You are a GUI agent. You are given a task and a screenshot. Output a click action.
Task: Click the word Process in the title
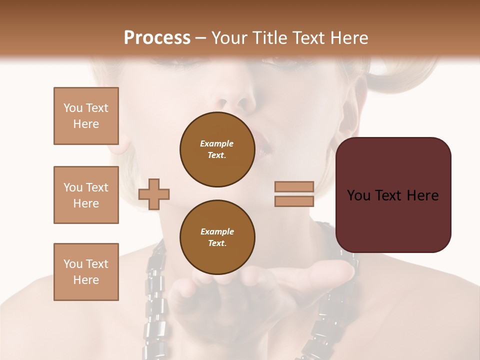pos(157,38)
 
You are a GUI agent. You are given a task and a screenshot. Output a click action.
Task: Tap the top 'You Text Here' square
pos(86,116)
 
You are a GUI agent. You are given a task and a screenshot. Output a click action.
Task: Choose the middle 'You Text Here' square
pos(86,195)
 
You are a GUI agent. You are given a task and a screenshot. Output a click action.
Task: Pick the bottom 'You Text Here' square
pos(86,272)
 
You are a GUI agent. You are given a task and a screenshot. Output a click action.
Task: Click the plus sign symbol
pos(154,194)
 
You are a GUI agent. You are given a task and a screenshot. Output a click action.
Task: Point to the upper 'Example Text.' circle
pos(217,149)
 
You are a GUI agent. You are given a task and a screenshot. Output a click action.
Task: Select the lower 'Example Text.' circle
pos(217,237)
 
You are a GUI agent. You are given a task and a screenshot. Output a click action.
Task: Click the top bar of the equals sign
pos(294,187)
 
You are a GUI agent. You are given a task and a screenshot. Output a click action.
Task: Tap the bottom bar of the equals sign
pos(294,201)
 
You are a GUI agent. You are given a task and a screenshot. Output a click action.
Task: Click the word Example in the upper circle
pos(217,143)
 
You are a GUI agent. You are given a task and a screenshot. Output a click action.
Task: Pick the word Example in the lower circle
pos(217,231)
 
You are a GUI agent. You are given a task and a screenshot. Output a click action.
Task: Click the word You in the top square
pos(73,108)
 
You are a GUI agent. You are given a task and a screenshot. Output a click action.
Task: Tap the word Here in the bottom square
pos(86,280)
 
